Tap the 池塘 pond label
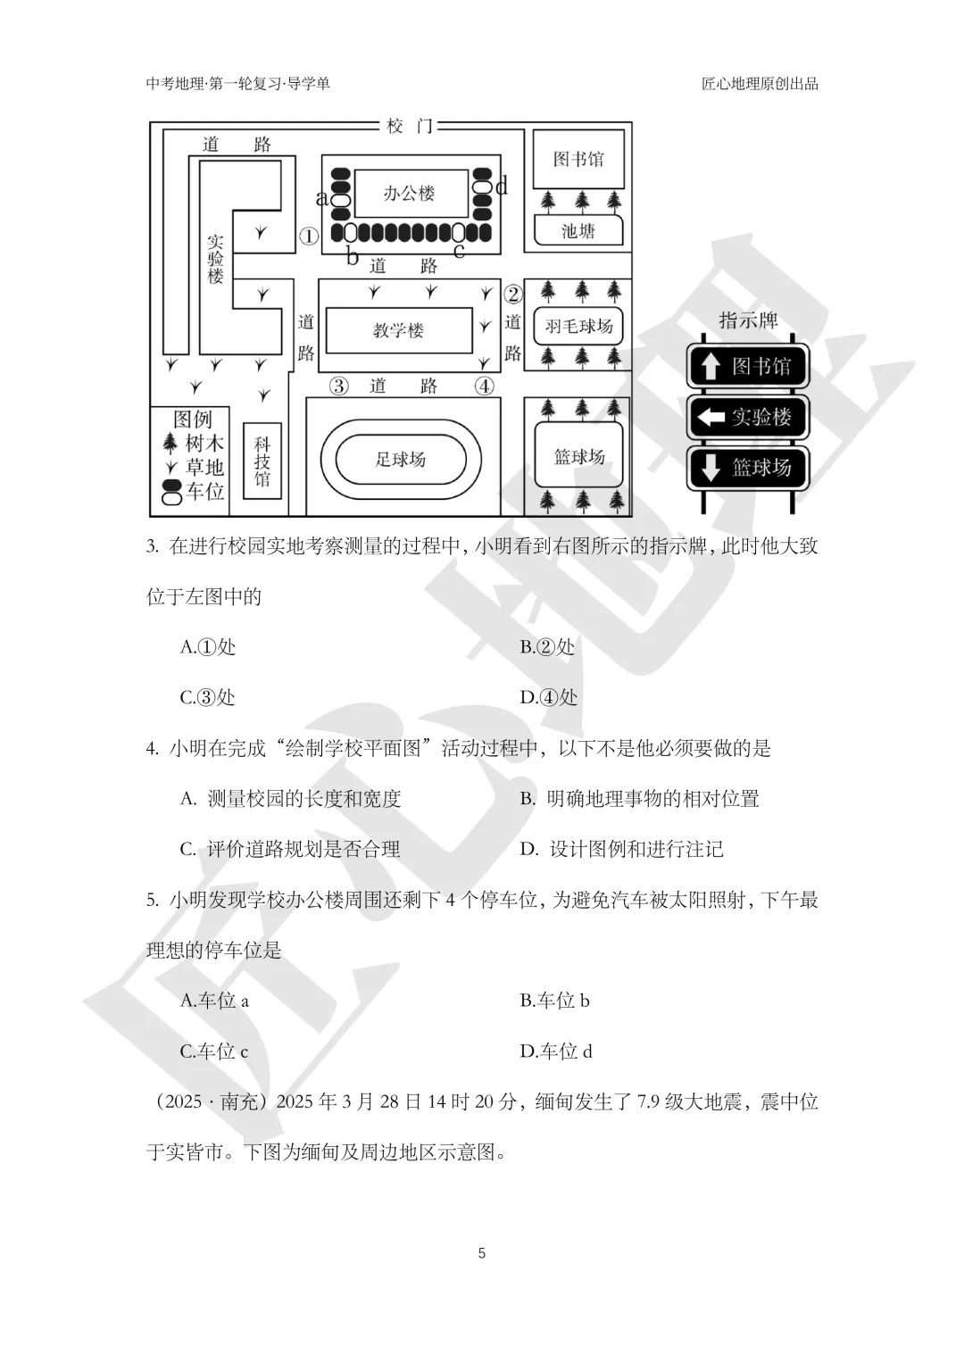click(578, 231)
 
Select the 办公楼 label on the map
click(409, 193)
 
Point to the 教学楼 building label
click(398, 330)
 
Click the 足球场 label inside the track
click(400, 459)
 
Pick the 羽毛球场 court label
click(578, 327)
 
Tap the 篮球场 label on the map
click(579, 457)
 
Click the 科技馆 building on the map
click(262, 461)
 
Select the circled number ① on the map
click(308, 237)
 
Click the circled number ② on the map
click(512, 294)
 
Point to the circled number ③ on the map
click(338, 386)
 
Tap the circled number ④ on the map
click(484, 386)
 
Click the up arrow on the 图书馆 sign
click(710, 366)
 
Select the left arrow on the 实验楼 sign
click(711, 417)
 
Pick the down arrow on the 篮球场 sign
click(710, 468)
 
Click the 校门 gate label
click(410, 127)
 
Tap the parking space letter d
click(502, 186)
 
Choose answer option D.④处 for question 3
click(549, 697)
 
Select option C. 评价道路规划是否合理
click(290, 849)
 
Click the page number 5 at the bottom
click(482, 1253)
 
